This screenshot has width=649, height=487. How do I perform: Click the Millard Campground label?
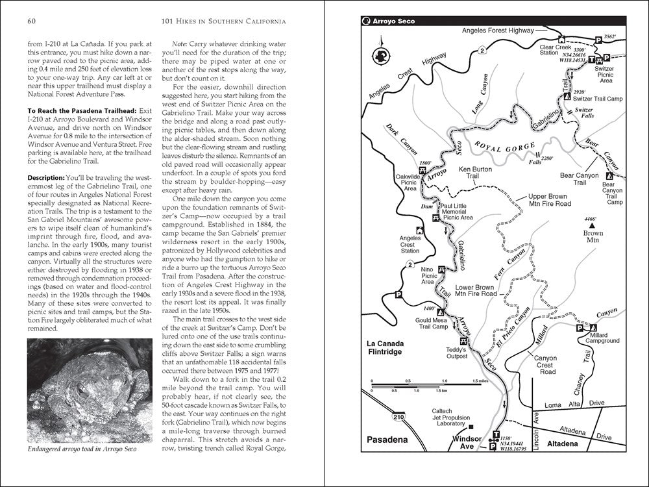[x=602, y=337]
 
